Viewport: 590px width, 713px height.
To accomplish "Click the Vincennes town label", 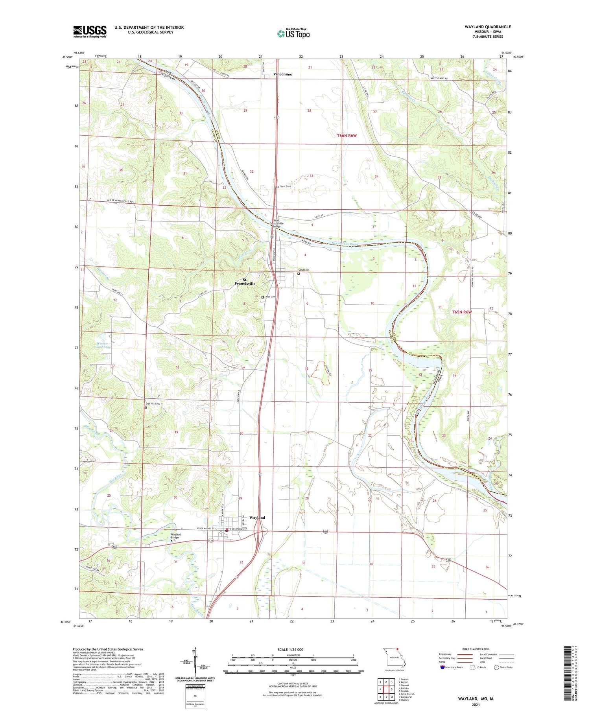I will [x=282, y=74].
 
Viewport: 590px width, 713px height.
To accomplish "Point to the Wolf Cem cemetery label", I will [x=270, y=297].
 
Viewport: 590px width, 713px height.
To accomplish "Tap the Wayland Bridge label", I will [x=176, y=536].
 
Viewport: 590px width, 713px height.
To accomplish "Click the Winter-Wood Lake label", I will [x=103, y=345].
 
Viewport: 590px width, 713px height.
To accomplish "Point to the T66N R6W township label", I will [x=347, y=136].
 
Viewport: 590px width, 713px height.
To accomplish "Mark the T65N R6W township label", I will [x=461, y=312].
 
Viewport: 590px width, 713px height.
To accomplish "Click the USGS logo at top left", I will [x=90, y=31].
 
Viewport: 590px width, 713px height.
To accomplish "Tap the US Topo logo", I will [x=293, y=33].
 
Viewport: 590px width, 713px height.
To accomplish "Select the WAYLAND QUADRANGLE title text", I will [x=488, y=27].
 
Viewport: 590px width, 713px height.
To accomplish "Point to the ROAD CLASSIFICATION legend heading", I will [x=476, y=649].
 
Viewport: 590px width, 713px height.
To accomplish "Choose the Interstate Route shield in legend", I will [x=443, y=667].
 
